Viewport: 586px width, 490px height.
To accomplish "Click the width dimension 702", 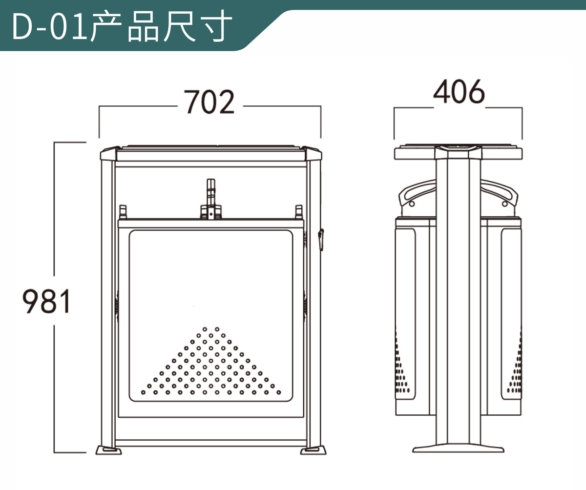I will [209, 103].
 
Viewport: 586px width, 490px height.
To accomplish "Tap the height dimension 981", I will [47, 301].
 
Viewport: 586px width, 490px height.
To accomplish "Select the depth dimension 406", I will [459, 92].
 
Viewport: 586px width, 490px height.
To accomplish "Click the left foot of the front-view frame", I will [108, 449].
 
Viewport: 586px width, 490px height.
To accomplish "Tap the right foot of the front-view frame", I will [313, 449].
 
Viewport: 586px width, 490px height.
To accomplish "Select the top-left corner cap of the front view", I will [109, 154].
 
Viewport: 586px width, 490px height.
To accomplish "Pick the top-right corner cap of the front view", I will [313, 154].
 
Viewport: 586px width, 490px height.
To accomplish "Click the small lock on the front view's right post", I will [321, 239].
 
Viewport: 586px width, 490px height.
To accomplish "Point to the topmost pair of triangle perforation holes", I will [211, 329].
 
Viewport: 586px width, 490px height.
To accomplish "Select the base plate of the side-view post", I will [458, 448].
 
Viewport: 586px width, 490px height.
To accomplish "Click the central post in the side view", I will [458, 303].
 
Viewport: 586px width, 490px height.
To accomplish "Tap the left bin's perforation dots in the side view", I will [402, 366].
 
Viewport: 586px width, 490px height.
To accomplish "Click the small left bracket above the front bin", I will [123, 212].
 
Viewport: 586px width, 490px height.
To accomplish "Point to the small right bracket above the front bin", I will [299, 212].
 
